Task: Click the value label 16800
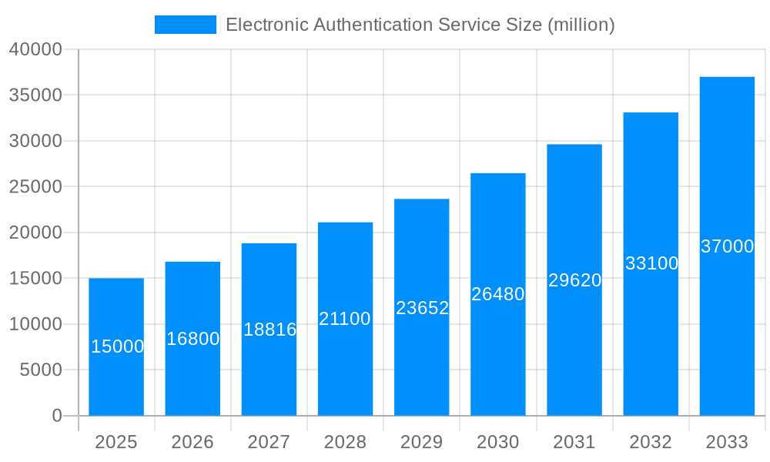pos(193,339)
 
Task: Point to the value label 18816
pos(269,330)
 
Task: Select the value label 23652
pos(422,308)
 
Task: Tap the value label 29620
pos(574,280)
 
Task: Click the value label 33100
pos(651,263)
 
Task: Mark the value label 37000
pos(727,246)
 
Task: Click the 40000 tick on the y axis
pos(35,49)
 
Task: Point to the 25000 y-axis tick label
pos(35,187)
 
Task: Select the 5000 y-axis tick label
pos(40,370)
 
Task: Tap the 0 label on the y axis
pos(57,416)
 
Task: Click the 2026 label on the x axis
pos(192,442)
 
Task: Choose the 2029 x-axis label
pos(422,442)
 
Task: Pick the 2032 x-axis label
pos(651,442)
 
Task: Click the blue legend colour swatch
pos(186,25)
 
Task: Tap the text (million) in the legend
pos(581,25)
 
